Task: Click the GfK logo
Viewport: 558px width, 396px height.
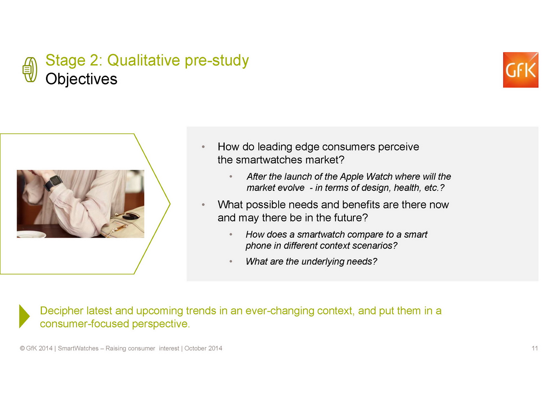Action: coord(521,70)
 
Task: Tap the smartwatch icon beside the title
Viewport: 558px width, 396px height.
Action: coord(30,70)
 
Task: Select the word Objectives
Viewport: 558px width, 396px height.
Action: coord(81,79)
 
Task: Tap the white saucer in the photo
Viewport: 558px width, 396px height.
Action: coord(31,234)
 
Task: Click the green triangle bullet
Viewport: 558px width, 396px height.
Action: coord(24,316)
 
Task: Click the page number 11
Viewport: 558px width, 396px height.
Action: coord(535,348)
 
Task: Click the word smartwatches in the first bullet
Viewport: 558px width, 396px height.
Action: coord(269,160)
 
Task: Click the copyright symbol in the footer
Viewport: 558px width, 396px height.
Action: coord(22,348)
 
